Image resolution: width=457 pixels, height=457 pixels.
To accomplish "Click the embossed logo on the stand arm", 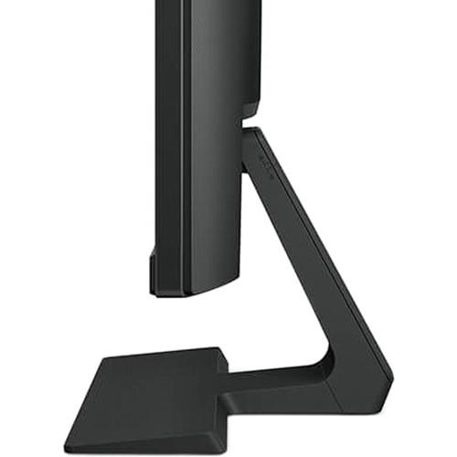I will pos(266,161).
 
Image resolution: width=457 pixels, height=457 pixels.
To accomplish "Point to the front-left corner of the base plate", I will pos(69,445).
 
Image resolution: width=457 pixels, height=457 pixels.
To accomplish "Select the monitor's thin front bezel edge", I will pos(153,137).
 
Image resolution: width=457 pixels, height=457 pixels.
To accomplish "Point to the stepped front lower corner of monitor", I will pos(154,274).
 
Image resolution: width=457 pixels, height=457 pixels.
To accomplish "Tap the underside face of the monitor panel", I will pos(197,290).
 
